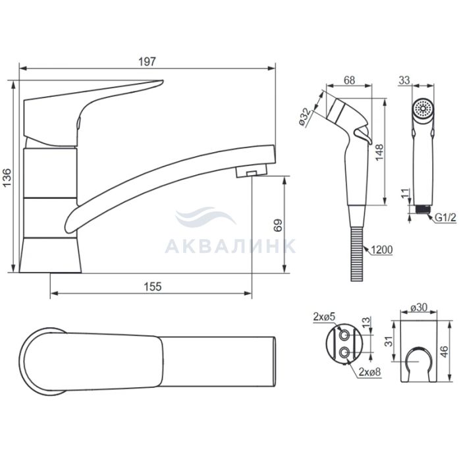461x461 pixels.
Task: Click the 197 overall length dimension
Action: (x=147, y=61)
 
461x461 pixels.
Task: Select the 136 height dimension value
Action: (x=7, y=177)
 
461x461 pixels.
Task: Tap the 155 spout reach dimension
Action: (x=153, y=286)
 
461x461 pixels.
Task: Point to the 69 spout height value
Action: (x=278, y=225)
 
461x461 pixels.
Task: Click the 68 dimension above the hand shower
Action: (x=349, y=80)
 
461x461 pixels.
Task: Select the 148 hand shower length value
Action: (x=379, y=152)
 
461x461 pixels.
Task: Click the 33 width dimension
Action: (x=404, y=80)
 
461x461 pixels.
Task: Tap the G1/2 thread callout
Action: (x=445, y=217)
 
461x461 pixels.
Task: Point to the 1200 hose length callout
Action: (x=381, y=250)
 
